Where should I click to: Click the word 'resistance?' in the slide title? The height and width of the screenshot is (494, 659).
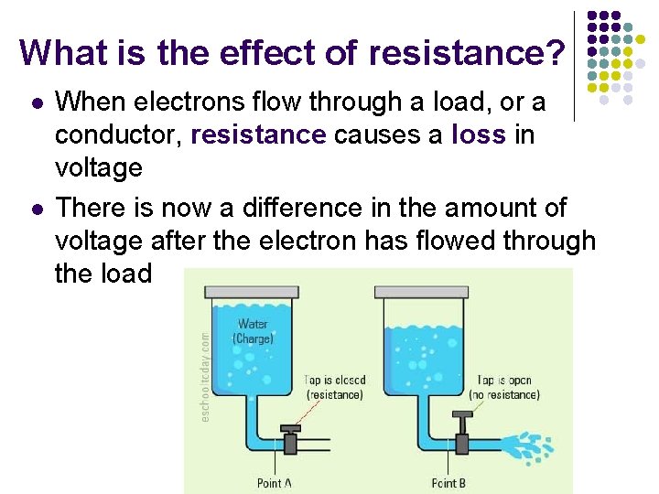[x=467, y=53]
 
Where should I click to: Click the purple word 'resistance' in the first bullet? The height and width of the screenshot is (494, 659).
[x=259, y=135]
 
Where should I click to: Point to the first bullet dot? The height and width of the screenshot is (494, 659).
[x=34, y=103]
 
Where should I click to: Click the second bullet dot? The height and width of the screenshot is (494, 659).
[x=34, y=209]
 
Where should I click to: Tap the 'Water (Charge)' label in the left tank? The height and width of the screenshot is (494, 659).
[x=253, y=331]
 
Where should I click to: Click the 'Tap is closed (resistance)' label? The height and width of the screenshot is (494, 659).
[x=335, y=387]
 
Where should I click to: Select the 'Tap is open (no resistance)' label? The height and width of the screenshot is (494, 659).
[x=504, y=387]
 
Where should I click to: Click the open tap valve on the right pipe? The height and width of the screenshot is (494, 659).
[x=463, y=434]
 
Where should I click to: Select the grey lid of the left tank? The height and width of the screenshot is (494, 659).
[x=253, y=291]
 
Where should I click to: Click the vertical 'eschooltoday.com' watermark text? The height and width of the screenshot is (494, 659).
[x=205, y=376]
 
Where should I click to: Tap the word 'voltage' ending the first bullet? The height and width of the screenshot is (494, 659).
[x=99, y=168]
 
